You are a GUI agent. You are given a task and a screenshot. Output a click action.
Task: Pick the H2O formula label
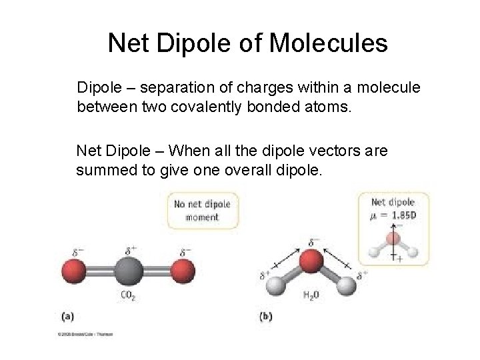coord(311,295)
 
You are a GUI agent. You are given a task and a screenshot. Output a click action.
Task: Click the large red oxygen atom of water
coord(310,261)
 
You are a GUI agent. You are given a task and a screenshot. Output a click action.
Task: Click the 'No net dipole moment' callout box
coord(203,211)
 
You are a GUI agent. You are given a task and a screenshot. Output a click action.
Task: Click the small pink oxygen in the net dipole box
coord(394,239)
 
